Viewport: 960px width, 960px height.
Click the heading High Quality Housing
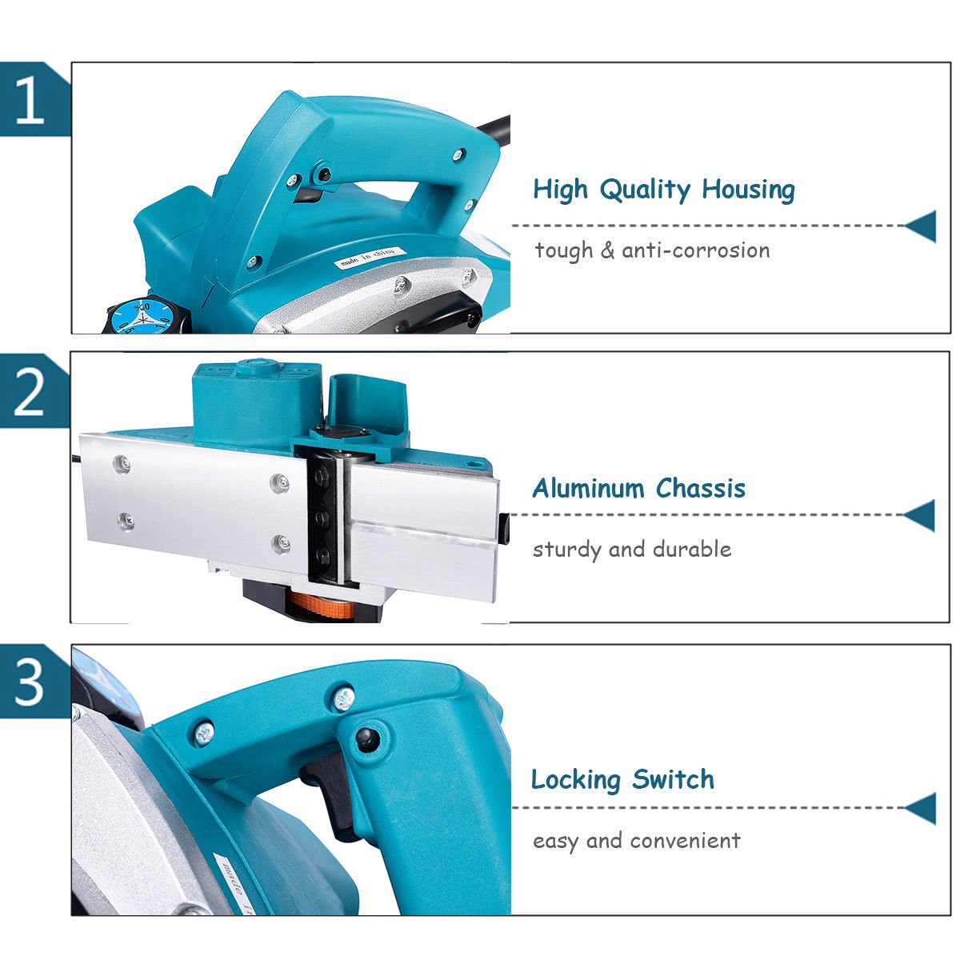pyautogui.click(x=663, y=190)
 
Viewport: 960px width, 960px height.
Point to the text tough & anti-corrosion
pyautogui.click(x=652, y=250)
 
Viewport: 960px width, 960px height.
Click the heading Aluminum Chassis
pyautogui.click(x=638, y=488)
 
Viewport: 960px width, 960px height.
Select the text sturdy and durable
pyautogui.click(x=632, y=550)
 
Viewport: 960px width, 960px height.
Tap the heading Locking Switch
pyautogui.click(x=622, y=779)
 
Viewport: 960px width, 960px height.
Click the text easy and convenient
pyautogui.click(x=636, y=841)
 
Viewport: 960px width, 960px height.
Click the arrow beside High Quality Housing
pyautogui.click(x=922, y=226)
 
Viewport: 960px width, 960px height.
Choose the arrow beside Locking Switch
pyautogui.click(x=922, y=808)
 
